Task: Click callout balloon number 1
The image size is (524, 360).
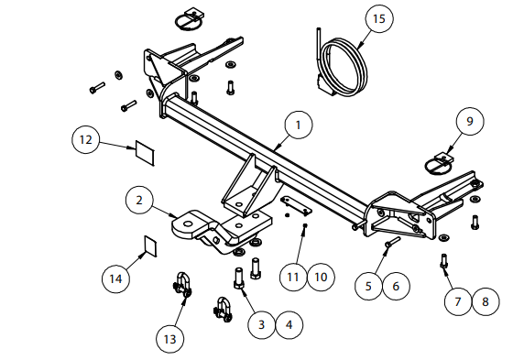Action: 299,125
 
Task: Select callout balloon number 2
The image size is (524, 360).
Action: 139,201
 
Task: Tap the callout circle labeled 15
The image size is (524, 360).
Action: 379,18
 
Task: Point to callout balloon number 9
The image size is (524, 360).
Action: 470,121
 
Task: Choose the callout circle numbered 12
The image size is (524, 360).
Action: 86,139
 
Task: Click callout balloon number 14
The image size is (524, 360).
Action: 116,278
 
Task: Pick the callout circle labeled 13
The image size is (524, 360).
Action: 170,339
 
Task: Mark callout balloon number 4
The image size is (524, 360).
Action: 289,324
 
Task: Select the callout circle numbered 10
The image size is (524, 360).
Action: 321,277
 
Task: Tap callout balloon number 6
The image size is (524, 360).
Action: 396,286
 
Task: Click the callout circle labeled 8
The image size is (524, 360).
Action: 486,302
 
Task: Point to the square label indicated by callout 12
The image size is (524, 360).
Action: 145,153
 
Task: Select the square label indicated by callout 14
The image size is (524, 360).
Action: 151,246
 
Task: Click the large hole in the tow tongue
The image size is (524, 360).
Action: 188,224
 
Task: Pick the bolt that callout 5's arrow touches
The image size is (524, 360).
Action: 392,243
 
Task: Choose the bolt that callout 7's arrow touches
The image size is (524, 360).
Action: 443,261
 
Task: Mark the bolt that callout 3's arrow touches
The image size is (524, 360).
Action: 239,278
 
